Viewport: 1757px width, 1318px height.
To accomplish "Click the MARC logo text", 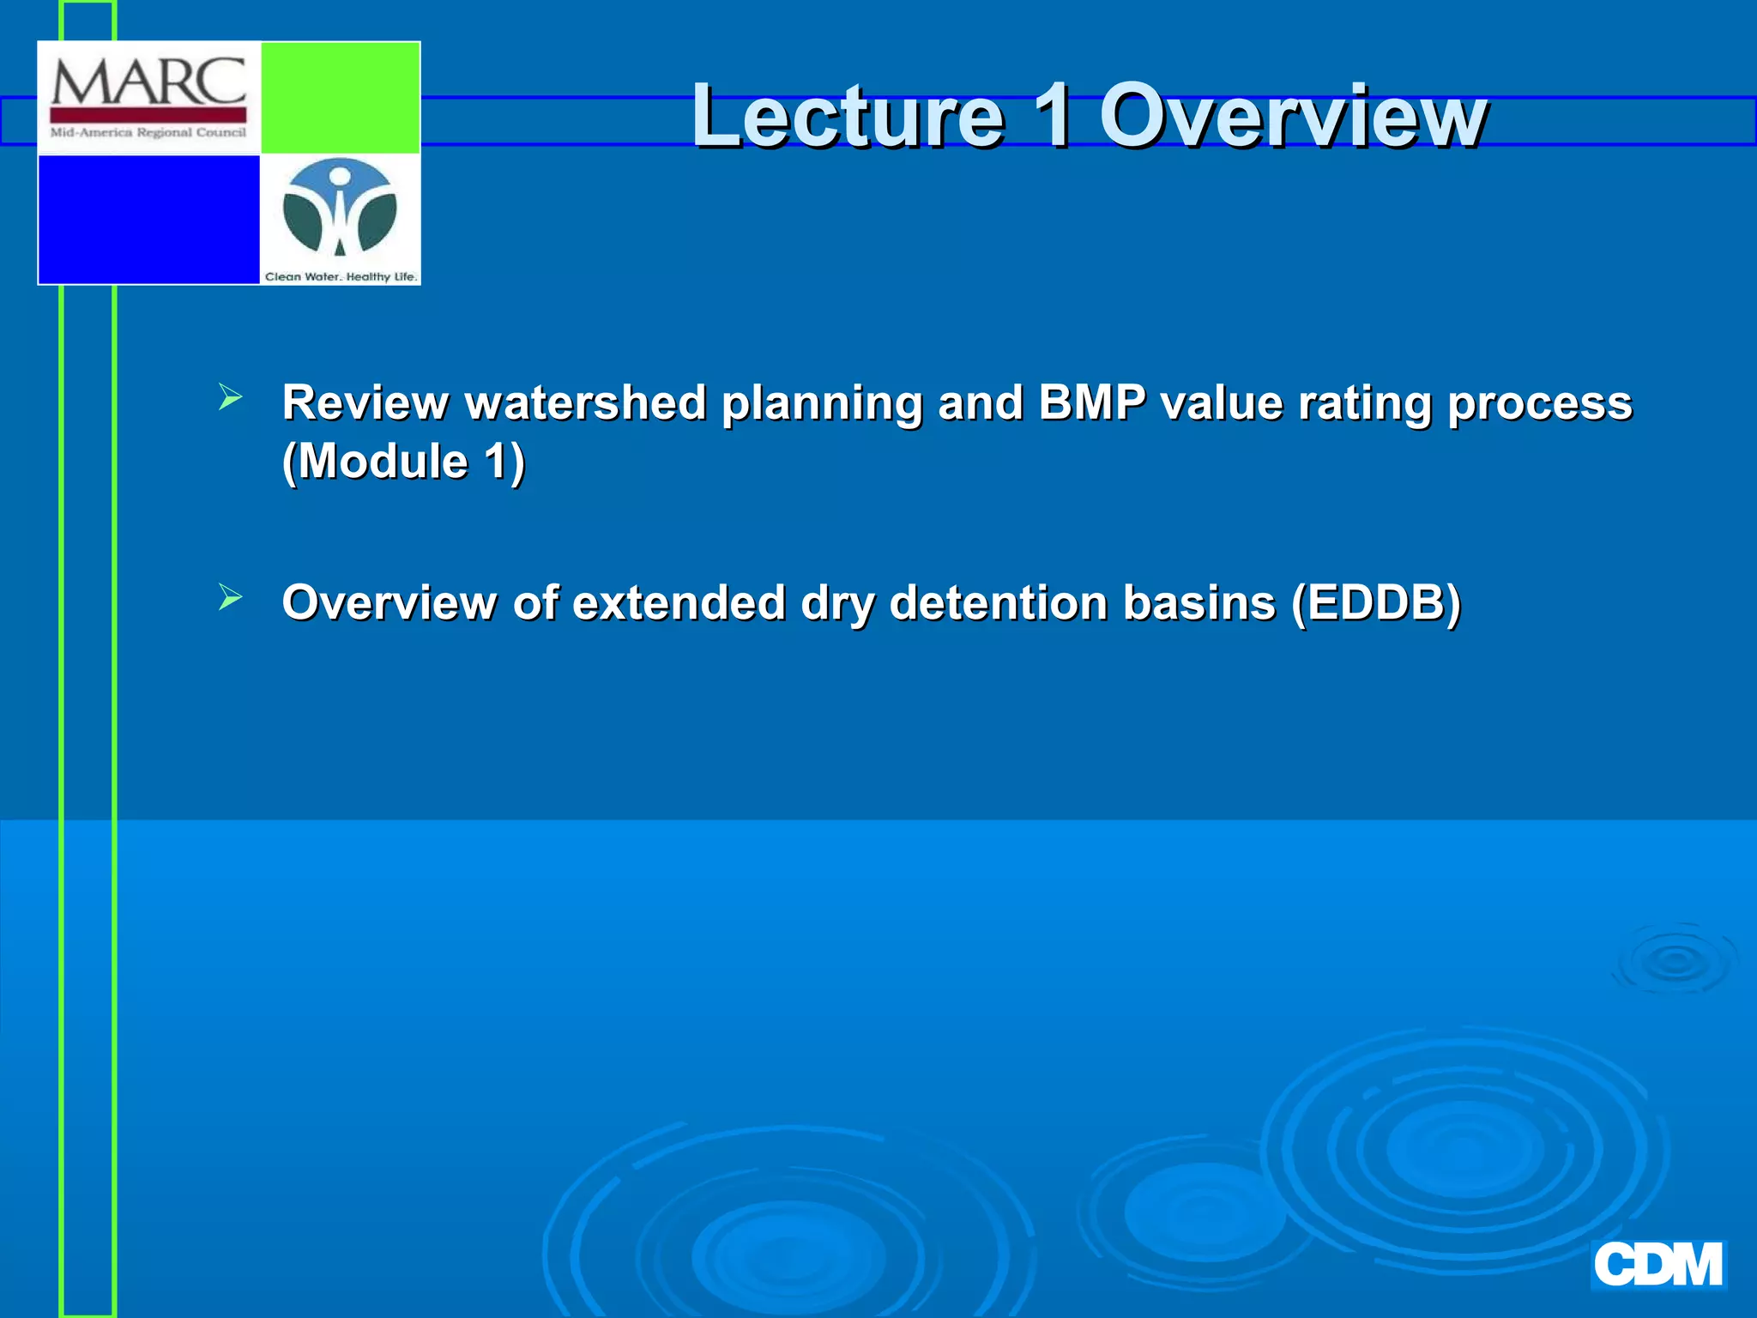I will [x=148, y=83].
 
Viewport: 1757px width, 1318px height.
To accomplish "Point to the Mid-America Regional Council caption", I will [x=148, y=133].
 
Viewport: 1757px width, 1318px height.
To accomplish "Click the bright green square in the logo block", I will [x=340, y=98].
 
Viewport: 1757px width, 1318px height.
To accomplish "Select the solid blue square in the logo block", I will [x=148, y=219].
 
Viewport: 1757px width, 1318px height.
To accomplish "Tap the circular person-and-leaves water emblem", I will [x=340, y=208].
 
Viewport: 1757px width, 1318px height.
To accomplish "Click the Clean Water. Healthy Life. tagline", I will [x=341, y=276].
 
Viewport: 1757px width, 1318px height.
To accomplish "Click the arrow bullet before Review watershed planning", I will [x=230, y=397].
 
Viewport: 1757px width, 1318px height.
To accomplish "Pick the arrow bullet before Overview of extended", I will [x=230, y=596].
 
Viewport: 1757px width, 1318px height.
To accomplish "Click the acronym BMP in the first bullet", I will [x=1091, y=402].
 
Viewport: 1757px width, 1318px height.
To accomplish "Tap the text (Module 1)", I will [x=403, y=462].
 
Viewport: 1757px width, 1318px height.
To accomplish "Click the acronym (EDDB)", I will [x=1376, y=602].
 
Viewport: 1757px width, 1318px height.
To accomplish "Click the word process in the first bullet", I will [x=1540, y=402].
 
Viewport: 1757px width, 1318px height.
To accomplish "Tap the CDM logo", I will [x=1657, y=1265].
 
